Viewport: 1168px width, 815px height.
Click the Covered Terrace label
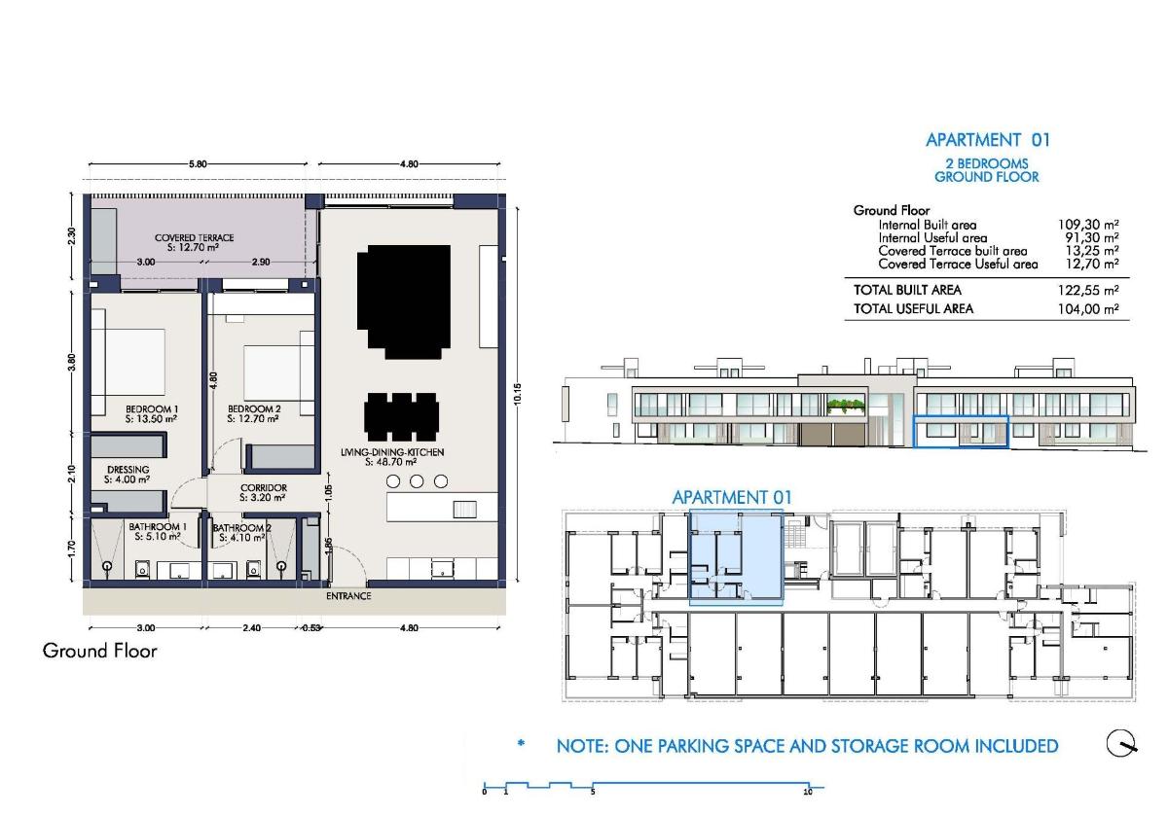pos(194,242)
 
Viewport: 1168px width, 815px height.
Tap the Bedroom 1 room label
pos(151,413)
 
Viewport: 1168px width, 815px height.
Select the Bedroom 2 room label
pos(254,413)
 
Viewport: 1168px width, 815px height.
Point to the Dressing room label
pos(128,475)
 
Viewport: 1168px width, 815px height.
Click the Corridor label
pos(264,492)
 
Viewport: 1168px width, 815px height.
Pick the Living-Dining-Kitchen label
pos(392,457)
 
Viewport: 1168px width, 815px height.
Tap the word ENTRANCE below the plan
pos(348,595)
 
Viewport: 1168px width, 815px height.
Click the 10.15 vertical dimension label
pos(517,394)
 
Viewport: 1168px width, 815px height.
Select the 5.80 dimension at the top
pos(198,164)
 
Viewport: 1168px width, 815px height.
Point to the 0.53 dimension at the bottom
pos(311,628)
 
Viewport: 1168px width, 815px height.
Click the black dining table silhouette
pos(400,417)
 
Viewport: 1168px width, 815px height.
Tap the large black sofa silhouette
pos(404,301)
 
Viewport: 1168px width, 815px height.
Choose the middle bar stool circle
pos(417,481)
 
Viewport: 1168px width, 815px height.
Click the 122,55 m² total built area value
pos(1088,290)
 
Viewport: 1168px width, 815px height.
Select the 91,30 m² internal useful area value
pos(1092,238)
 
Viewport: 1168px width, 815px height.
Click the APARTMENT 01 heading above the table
pos(988,140)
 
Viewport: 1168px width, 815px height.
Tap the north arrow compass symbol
pos(1121,744)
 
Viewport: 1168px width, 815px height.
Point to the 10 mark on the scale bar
pos(808,792)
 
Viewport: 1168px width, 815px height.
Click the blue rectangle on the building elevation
pos(961,431)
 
